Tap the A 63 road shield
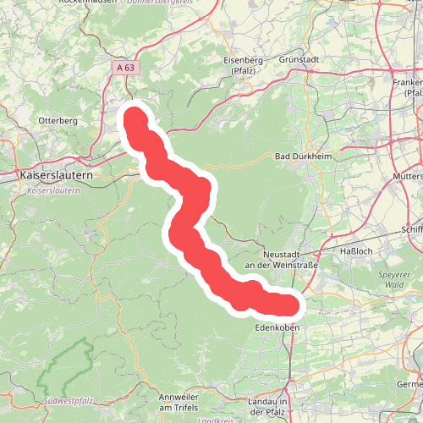(126, 67)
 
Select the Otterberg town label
(58, 121)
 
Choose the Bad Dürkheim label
(301, 157)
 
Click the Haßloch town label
(355, 251)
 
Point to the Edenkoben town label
(276, 327)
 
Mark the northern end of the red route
(134, 114)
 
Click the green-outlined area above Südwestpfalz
(68, 364)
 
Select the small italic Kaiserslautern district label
(53, 192)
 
